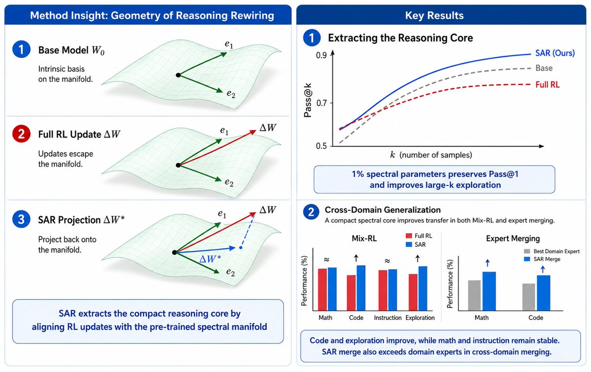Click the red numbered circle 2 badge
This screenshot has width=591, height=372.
(x=21, y=134)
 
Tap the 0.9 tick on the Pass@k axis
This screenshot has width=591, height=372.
(x=321, y=55)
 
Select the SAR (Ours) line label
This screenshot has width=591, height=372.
(x=555, y=53)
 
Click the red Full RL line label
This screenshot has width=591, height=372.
(x=548, y=85)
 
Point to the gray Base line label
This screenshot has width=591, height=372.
(x=544, y=68)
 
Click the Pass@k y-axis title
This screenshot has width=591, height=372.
(x=308, y=101)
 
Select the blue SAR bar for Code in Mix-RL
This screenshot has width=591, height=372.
(x=361, y=288)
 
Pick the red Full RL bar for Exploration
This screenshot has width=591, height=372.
(x=413, y=292)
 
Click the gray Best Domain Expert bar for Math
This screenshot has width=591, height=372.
(x=474, y=296)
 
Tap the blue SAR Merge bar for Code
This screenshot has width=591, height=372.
(x=544, y=293)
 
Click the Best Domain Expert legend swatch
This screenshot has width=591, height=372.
(x=527, y=251)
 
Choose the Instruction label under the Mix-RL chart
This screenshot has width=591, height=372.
(x=388, y=318)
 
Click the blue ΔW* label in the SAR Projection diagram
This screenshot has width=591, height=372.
(x=210, y=259)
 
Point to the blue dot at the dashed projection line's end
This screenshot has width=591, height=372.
(x=241, y=248)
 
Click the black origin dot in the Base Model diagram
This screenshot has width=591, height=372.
(x=178, y=75)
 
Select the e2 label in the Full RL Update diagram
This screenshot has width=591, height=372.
(x=229, y=183)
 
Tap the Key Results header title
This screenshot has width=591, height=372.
(x=434, y=15)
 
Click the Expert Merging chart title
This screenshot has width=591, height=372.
(x=513, y=238)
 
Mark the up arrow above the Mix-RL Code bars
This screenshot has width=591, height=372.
(x=356, y=258)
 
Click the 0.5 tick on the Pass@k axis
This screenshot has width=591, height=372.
(x=321, y=146)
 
